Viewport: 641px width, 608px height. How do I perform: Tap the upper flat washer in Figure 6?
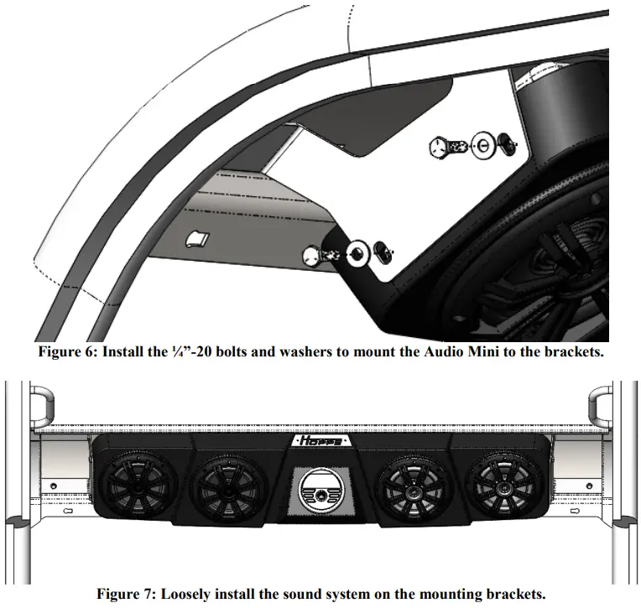pyautogui.click(x=483, y=145)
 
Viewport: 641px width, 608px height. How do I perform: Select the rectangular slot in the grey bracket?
pyautogui.click(x=196, y=239)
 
